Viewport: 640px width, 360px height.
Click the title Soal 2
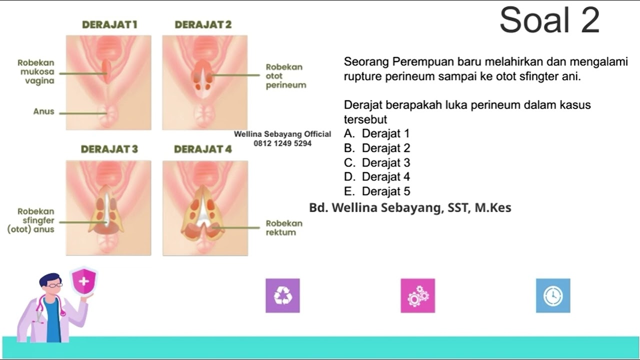click(549, 20)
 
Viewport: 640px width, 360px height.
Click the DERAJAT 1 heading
click(109, 24)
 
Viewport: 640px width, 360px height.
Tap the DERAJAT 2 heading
click(203, 24)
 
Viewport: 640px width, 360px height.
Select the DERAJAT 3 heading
click(109, 149)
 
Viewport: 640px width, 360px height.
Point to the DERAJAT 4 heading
click(203, 149)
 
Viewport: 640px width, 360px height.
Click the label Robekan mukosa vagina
click(36, 71)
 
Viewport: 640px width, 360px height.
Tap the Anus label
click(43, 111)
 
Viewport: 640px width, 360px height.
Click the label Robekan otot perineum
click(285, 76)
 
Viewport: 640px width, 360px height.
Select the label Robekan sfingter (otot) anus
click(31, 220)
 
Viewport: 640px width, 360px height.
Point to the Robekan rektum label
click(283, 227)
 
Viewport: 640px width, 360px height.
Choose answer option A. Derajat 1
click(376, 133)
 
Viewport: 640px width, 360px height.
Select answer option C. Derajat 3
click(377, 162)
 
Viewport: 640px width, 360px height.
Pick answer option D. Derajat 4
click(377, 176)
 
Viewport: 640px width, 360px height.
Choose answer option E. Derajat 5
click(377, 191)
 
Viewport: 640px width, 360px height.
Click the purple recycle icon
click(282, 295)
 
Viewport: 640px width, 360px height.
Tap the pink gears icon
click(417, 295)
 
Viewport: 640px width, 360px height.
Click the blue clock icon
click(553, 295)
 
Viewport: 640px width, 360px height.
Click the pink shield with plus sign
click(83, 281)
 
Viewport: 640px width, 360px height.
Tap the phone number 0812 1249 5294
click(282, 143)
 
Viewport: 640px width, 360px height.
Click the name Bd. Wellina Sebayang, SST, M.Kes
click(410, 207)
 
